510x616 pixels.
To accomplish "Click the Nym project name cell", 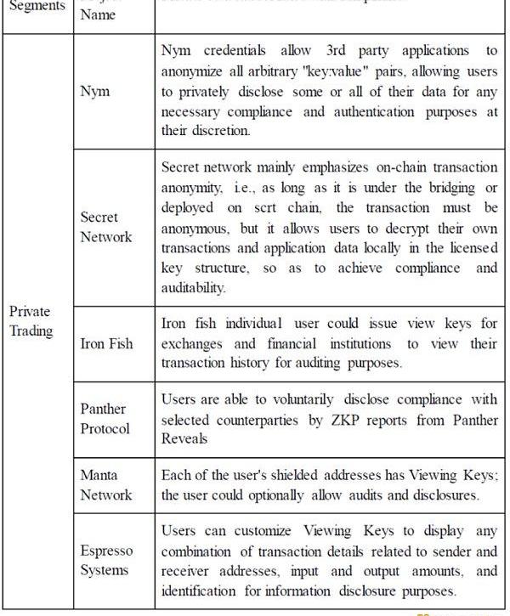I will [x=95, y=91].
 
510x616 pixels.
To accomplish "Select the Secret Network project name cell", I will [x=106, y=227].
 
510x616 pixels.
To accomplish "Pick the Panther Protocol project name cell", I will [x=105, y=418].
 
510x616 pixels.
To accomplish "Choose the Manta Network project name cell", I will [x=106, y=484].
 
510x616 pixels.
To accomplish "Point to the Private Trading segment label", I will [x=31, y=321].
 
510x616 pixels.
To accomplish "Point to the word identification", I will [x=201, y=591].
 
